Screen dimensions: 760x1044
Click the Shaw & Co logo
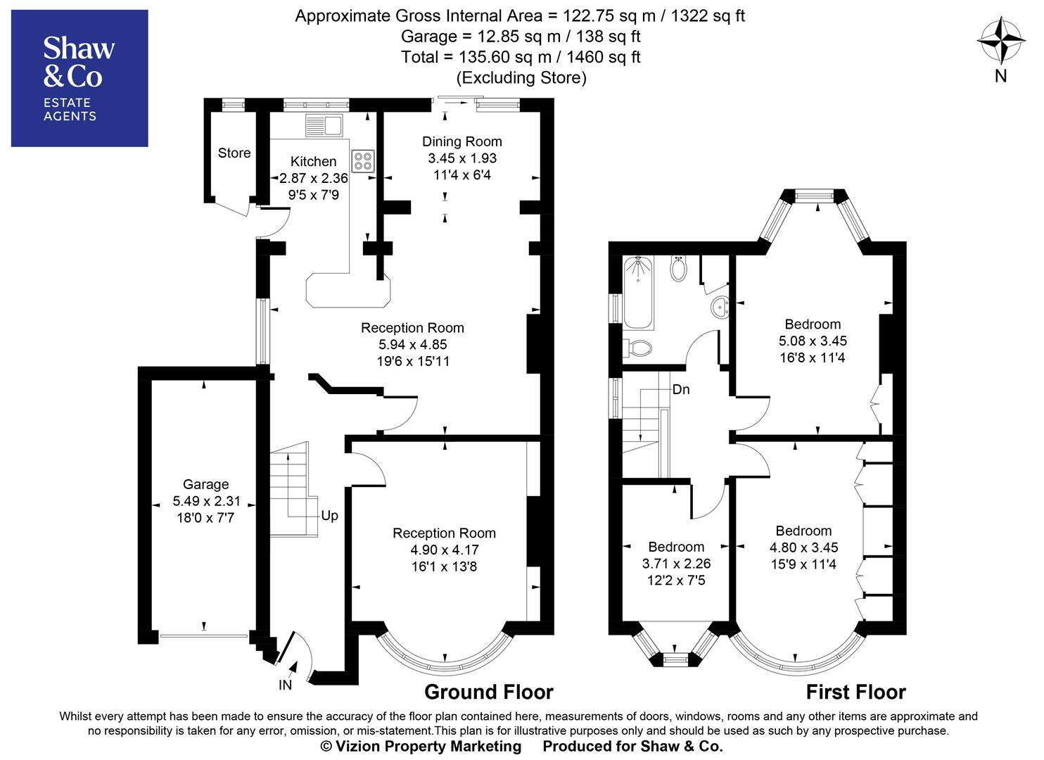point(79,77)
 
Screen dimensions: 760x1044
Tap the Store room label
point(234,153)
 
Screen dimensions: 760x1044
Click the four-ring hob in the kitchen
point(363,161)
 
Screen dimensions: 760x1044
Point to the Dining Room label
point(461,141)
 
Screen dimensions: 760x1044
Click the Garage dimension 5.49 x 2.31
point(206,501)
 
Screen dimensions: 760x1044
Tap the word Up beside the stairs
point(329,515)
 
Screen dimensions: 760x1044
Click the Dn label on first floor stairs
point(680,389)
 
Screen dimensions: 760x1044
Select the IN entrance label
point(285,685)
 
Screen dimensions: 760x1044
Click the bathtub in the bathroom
point(638,292)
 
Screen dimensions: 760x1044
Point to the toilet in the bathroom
point(639,348)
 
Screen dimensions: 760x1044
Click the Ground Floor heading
point(488,692)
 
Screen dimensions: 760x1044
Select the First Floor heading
point(855,692)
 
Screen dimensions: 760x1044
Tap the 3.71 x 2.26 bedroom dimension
point(676,564)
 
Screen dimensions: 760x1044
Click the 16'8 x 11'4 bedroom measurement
point(813,357)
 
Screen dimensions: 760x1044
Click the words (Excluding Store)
point(521,77)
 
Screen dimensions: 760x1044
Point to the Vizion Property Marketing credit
point(421,746)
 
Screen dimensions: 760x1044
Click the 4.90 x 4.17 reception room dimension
point(444,550)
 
